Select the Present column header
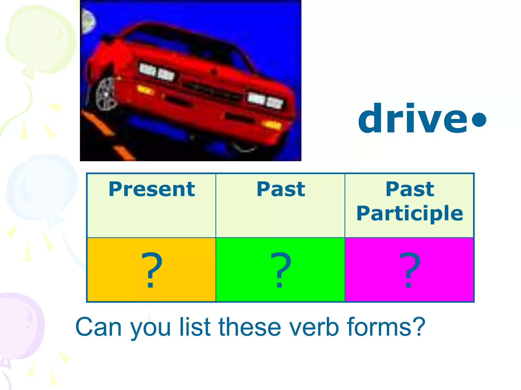(x=152, y=189)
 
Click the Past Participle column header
(x=410, y=201)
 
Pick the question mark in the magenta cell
(x=409, y=270)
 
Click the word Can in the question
(x=98, y=327)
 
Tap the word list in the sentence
(x=195, y=327)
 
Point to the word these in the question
(x=250, y=327)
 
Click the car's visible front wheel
(x=106, y=94)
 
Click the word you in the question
(x=150, y=329)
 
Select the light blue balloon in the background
(x=41, y=188)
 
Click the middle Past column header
(x=281, y=189)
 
